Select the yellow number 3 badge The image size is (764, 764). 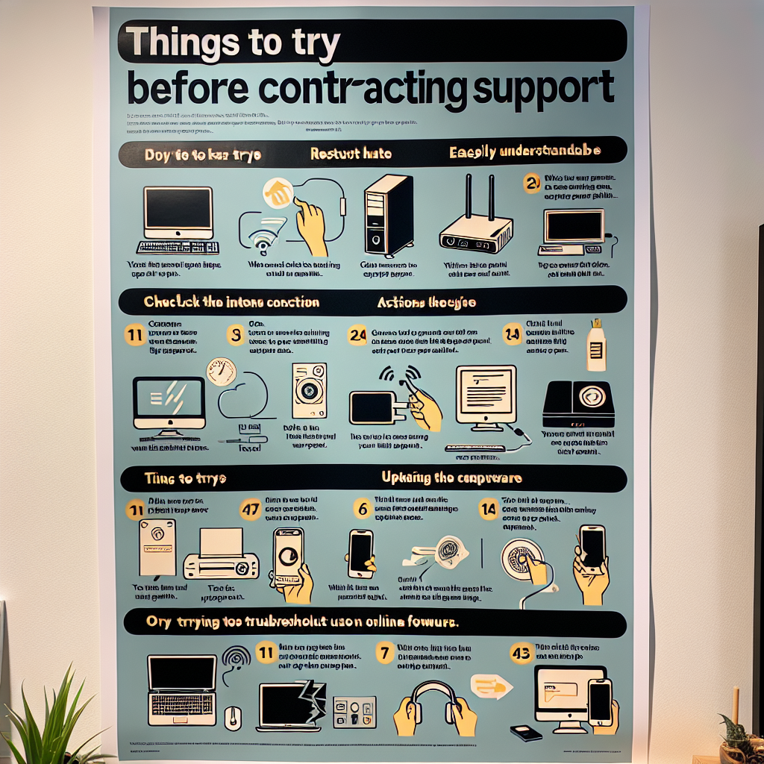click(237, 335)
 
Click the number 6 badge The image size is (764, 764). click(362, 509)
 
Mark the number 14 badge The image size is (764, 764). click(489, 510)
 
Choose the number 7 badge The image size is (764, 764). click(383, 654)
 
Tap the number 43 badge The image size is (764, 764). click(521, 653)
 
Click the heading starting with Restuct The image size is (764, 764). click(350, 154)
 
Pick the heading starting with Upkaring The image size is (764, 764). click(451, 477)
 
